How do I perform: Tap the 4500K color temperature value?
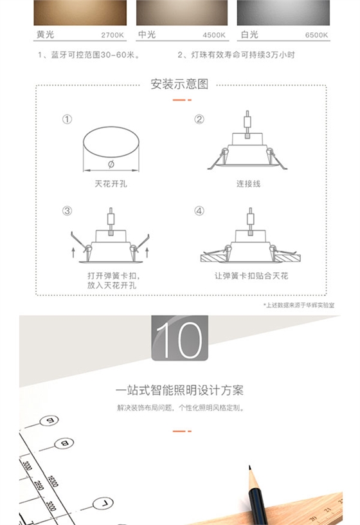214,35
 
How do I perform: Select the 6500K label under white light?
316,35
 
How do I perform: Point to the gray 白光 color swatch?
283,12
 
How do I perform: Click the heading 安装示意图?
179,84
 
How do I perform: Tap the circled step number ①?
67,120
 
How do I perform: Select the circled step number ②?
199,120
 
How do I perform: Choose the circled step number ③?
67,211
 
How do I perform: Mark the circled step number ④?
199,211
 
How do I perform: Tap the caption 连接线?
248,184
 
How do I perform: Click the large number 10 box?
180,338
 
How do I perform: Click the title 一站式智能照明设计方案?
180,391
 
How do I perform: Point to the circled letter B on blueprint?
64,443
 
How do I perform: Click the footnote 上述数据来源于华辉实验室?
298,304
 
